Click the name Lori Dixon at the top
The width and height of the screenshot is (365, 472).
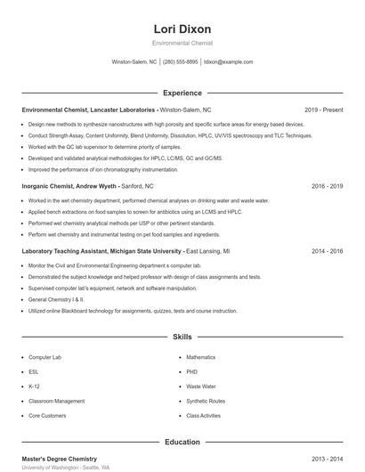click(182, 28)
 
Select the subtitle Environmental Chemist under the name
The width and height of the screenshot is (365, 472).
click(182, 43)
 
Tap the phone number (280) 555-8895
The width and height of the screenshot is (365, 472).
click(181, 62)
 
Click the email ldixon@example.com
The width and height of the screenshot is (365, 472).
click(229, 62)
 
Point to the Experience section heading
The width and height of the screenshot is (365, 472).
click(182, 93)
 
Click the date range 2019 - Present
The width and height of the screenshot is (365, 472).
click(323, 110)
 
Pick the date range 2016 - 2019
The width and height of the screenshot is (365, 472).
click(327, 187)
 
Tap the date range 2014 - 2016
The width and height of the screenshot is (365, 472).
click(327, 252)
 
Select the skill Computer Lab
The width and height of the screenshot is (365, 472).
click(45, 357)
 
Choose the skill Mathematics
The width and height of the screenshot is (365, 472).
click(201, 357)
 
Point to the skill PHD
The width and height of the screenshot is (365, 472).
click(192, 371)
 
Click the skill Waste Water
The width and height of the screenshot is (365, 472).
click(201, 387)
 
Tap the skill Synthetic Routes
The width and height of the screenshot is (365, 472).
click(206, 401)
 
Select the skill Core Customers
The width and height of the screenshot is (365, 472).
click(47, 416)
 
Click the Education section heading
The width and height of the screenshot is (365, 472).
click(182, 442)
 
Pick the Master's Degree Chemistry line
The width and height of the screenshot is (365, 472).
click(59, 458)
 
